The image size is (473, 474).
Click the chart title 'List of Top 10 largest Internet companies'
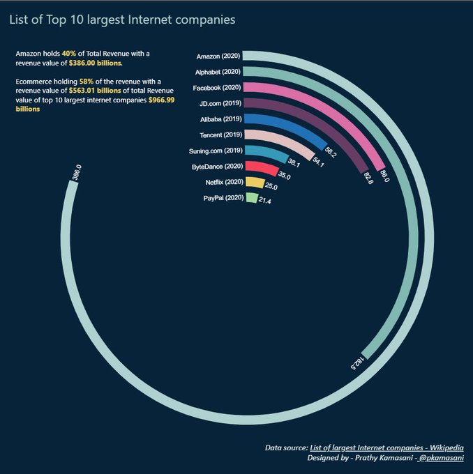point(122,20)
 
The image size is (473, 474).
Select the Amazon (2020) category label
point(218,56)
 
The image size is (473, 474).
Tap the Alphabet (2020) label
point(218,72)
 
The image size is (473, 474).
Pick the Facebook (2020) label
point(216,87)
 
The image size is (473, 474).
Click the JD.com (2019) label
point(218,103)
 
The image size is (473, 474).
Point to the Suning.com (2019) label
point(215,151)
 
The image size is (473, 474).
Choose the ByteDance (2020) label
point(216,167)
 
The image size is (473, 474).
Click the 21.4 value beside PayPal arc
point(265,201)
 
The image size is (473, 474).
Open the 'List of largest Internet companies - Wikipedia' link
point(386,448)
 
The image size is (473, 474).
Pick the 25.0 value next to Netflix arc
point(271,187)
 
